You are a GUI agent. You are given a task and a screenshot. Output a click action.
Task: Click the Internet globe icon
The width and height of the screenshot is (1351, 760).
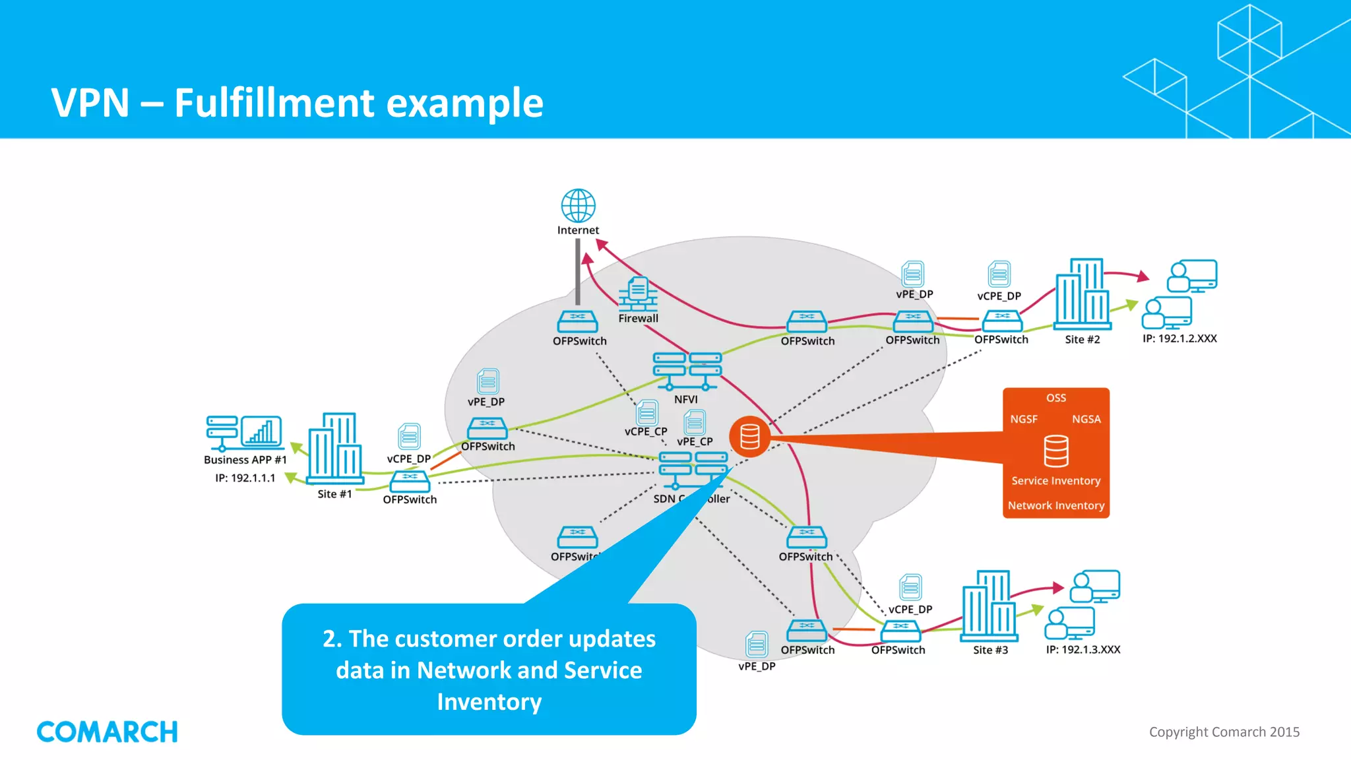pos(578,206)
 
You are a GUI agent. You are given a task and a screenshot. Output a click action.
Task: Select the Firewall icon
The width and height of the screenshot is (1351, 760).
pos(637,294)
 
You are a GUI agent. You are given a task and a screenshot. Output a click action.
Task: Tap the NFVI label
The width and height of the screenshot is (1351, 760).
pos(685,399)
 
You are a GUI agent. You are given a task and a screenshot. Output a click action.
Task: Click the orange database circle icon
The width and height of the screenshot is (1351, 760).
pos(749,437)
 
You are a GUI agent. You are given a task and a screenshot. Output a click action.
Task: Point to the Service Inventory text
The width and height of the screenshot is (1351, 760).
pos(1055,481)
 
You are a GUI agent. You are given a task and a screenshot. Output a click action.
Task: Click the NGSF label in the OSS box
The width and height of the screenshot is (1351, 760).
pos(1024,419)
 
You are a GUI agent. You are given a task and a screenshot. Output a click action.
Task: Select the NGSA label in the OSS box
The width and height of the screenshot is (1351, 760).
pos(1086,419)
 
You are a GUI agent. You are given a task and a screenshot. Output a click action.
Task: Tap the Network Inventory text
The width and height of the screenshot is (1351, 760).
pos(1055,505)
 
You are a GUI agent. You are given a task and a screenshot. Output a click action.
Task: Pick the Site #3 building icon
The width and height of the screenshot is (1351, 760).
pos(989,606)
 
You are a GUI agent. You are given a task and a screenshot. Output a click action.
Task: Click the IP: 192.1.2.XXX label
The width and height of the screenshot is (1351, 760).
pos(1179,338)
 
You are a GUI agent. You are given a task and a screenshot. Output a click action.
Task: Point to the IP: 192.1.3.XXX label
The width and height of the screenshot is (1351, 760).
pos(1083,650)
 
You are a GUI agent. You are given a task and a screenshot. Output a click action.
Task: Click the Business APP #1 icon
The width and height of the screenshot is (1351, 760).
pos(244,432)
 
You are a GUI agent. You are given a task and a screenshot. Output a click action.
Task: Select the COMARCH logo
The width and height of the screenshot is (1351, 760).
pos(107,732)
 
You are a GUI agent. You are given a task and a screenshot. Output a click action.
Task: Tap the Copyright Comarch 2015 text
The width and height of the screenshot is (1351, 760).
pos(1224,732)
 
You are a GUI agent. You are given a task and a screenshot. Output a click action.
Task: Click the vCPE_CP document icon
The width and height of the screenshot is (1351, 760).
pos(646,413)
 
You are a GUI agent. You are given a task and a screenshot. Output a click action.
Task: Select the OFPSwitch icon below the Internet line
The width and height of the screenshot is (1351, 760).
pos(577,321)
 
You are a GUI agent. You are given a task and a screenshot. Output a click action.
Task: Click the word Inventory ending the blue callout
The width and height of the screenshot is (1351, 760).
pos(489,701)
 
